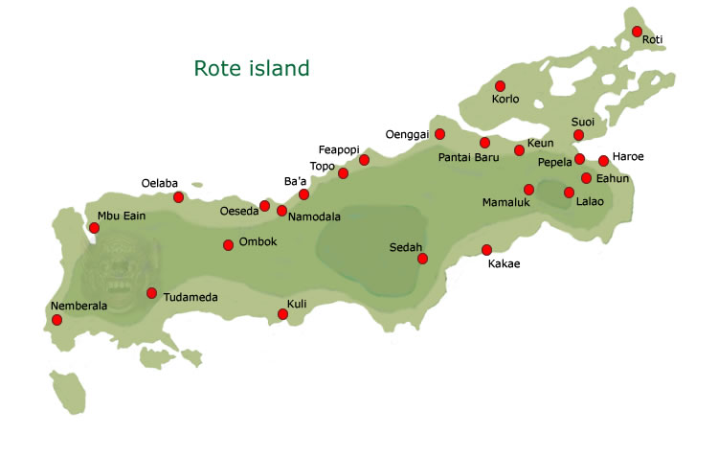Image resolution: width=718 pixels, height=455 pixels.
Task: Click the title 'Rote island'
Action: click(252, 68)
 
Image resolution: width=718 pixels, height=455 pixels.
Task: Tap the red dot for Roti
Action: click(637, 32)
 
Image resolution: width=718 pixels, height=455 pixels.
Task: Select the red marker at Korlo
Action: click(500, 86)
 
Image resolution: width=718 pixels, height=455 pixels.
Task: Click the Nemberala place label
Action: click(78, 307)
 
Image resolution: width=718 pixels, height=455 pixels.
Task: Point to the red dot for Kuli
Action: click(282, 314)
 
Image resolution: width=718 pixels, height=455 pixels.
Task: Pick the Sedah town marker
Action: click(422, 258)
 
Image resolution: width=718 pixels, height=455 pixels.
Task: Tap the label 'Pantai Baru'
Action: click(469, 158)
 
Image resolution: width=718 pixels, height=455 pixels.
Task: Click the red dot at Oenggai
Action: click(440, 133)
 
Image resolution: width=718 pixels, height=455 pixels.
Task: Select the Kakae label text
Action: click(504, 264)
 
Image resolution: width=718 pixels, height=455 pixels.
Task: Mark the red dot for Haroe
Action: click(603, 161)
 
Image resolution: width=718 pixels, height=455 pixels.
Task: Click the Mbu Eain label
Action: click(122, 216)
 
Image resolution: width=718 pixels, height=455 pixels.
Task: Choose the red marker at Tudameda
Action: click(151, 292)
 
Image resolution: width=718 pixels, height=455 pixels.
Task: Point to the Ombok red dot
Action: click(228, 244)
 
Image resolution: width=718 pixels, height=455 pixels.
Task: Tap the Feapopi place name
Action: click(339, 150)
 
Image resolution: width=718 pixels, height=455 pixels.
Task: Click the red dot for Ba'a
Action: click(303, 194)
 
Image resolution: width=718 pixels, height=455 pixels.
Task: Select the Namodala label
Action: click(314, 217)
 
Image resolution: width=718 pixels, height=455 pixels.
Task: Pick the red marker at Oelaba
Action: click(178, 197)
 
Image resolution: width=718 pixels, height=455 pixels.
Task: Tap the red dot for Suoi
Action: click(578, 135)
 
